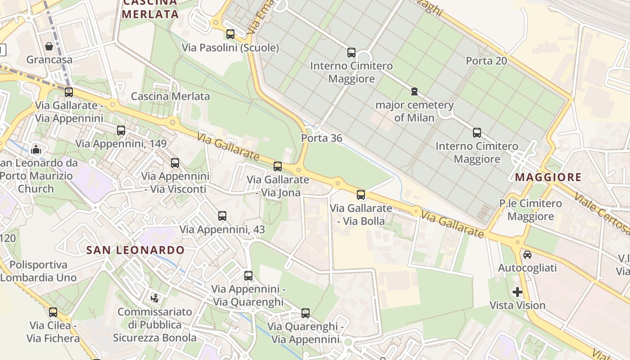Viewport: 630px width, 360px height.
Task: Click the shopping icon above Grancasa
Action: [x=49, y=46]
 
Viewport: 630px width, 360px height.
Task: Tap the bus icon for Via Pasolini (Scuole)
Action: [x=230, y=34]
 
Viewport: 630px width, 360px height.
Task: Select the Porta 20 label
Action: [x=486, y=61]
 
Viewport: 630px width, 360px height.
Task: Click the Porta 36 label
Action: [x=322, y=138]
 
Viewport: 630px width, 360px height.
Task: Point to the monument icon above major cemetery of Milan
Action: [x=414, y=92]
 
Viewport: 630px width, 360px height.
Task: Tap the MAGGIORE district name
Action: [x=548, y=177]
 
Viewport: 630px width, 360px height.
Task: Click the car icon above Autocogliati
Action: [x=527, y=255]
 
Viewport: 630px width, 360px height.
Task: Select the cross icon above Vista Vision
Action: [x=517, y=292]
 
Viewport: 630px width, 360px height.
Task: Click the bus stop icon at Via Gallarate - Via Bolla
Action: [x=361, y=195]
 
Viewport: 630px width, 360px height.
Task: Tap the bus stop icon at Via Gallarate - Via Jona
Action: [x=278, y=166]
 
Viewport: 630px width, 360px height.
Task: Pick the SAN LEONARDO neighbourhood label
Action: [x=135, y=250]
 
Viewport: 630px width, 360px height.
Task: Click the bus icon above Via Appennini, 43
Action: [x=222, y=216]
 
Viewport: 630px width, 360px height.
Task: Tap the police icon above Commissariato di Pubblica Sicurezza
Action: [x=155, y=297]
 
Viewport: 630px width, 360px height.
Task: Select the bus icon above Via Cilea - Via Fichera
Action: [x=53, y=312]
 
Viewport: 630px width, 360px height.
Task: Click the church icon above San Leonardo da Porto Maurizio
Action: [x=36, y=149]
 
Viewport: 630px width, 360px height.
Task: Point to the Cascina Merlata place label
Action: [x=170, y=96]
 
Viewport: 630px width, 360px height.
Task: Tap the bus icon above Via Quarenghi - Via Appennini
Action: [x=306, y=313]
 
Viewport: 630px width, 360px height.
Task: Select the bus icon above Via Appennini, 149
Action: [x=121, y=130]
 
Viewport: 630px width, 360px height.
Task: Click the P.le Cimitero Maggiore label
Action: [x=531, y=210]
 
